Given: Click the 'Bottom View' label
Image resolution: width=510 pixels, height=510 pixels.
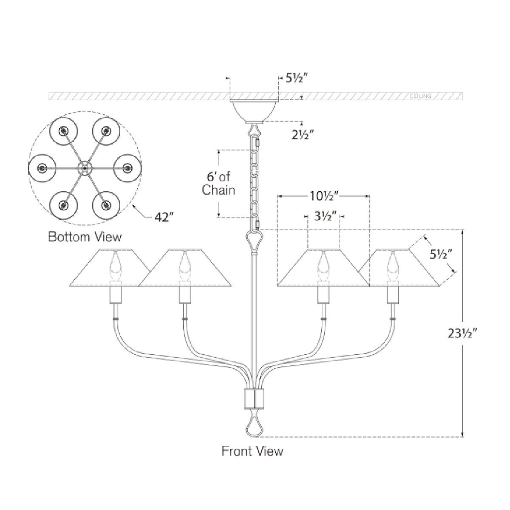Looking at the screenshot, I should (x=85, y=236).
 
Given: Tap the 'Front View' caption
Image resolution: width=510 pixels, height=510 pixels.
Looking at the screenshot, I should (x=252, y=450).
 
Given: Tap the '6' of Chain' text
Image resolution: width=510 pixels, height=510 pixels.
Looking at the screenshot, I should (x=218, y=183).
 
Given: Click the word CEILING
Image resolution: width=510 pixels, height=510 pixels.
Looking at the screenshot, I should (x=420, y=96).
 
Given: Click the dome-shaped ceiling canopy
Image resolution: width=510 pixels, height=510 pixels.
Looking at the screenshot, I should (x=254, y=110).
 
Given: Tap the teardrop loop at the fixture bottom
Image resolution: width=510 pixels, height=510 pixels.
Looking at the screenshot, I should (x=254, y=427).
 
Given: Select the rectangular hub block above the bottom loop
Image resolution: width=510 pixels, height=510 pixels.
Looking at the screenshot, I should (x=254, y=398).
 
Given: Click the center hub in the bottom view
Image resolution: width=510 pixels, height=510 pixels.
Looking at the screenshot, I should (x=85, y=168).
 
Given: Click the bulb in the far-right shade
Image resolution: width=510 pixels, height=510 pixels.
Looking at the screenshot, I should (x=391, y=266).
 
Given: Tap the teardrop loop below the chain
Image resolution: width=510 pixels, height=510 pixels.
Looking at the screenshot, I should (x=254, y=241).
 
